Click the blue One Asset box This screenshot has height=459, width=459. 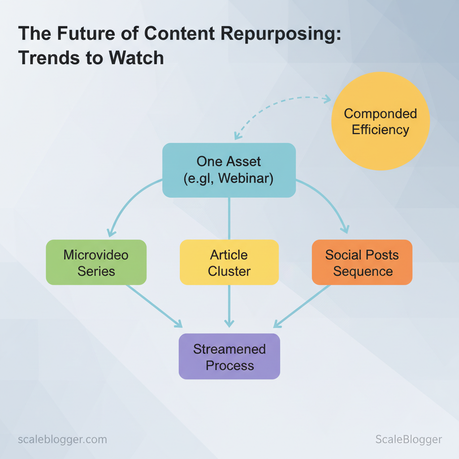coord(229,170)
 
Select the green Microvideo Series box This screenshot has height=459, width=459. coord(96,263)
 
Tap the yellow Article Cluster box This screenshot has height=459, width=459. coord(229,263)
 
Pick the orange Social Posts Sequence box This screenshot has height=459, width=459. coord(362,263)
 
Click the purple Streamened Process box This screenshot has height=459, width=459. coord(229,357)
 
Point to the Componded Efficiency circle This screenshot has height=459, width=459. coord(380,121)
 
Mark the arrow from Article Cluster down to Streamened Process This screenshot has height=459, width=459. coord(229,305)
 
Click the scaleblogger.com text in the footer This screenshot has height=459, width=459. coord(62,439)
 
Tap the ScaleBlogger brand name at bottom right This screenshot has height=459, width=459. coord(408,440)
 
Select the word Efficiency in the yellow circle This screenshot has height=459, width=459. coord(380,130)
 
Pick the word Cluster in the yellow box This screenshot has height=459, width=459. coord(229,271)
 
